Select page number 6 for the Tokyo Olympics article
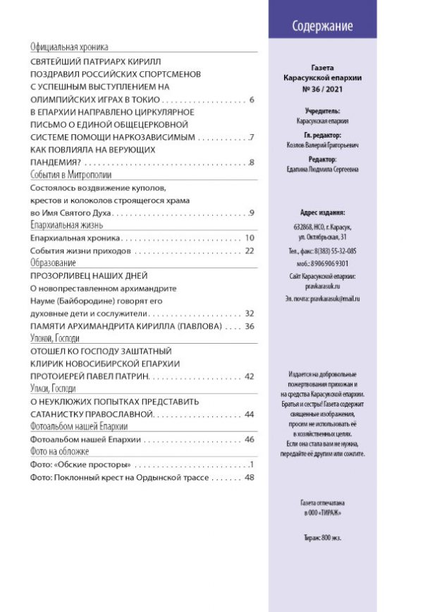251,100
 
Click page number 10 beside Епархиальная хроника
249,239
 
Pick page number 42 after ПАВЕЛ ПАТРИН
249,376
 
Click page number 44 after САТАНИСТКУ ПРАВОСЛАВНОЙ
249,414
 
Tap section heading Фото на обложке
59,451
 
